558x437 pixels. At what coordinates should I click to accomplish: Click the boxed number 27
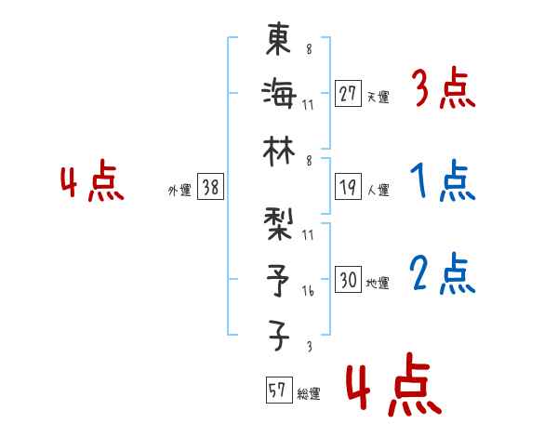(348, 93)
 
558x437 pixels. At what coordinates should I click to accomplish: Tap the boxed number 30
(348, 280)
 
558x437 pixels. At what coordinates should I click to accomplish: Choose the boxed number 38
(209, 188)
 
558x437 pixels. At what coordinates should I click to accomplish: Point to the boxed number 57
(278, 391)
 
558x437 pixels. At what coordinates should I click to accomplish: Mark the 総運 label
(309, 394)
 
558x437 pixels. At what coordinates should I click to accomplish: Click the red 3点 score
(443, 90)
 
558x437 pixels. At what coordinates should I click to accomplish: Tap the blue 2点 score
(443, 274)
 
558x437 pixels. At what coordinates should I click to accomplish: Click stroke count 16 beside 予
(308, 292)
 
